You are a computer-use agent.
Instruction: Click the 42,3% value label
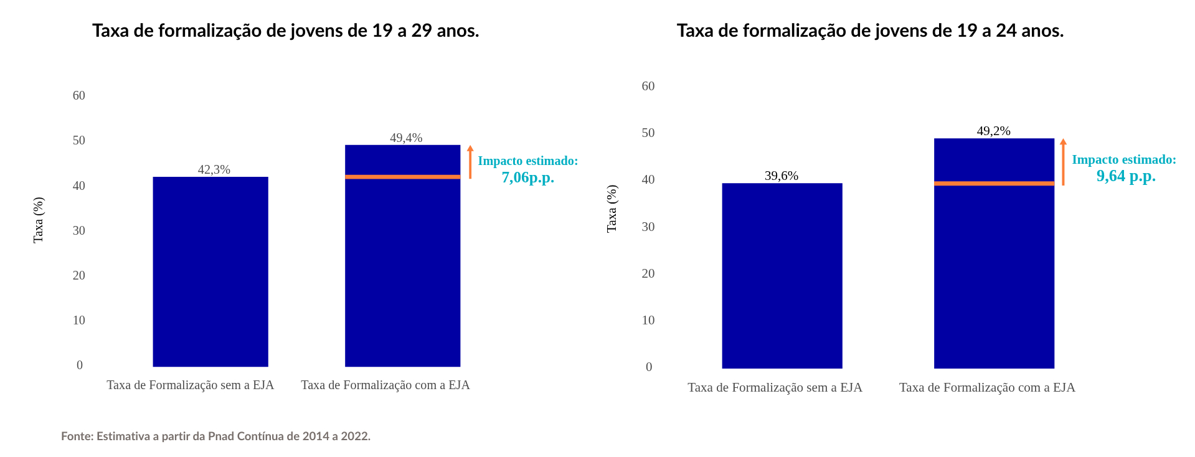click(x=214, y=169)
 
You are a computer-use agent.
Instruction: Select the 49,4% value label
click(x=406, y=138)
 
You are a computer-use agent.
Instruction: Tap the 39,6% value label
click(x=782, y=176)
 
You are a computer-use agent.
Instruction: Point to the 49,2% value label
click(x=993, y=131)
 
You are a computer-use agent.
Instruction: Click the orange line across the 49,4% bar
click(x=402, y=177)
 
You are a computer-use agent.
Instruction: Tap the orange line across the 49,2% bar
click(x=994, y=184)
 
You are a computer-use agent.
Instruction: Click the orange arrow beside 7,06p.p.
click(x=470, y=163)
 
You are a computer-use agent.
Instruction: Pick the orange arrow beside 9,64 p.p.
click(x=1063, y=162)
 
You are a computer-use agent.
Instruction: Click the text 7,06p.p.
click(x=527, y=177)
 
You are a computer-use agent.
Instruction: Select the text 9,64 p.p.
click(x=1126, y=176)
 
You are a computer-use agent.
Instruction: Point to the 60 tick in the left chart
click(x=79, y=95)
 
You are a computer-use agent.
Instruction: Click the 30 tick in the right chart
click(x=648, y=227)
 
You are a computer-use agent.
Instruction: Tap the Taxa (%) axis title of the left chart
click(x=38, y=220)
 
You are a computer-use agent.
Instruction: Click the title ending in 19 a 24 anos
click(x=870, y=31)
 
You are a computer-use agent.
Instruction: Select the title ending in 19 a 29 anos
click(x=286, y=31)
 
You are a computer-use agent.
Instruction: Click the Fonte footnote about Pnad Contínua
click(x=215, y=436)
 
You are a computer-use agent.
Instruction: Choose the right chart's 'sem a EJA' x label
click(x=775, y=387)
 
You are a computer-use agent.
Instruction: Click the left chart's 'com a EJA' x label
click(x=385, y=385)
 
